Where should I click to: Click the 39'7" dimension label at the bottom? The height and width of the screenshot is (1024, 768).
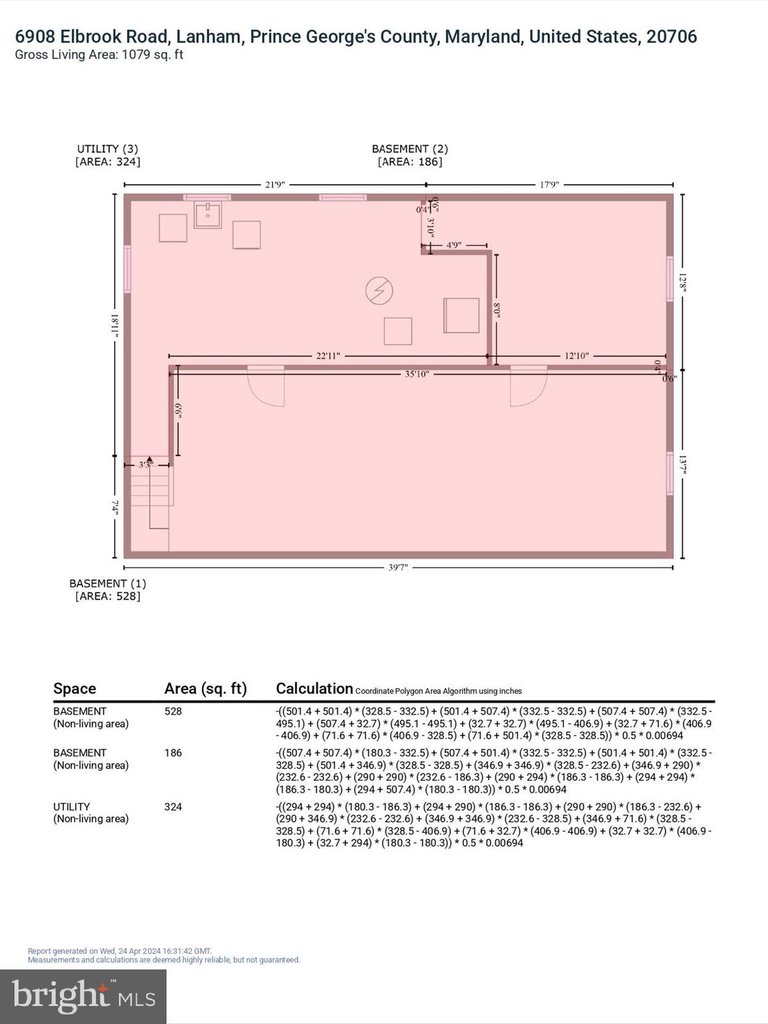click(398, 567)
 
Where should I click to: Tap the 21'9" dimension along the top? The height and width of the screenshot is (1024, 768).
click(275, 185)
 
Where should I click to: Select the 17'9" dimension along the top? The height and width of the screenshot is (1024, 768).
click(549, 185)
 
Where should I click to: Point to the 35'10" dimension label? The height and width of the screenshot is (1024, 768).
click(417, 374)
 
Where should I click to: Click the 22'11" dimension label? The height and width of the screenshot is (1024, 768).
click(328, 356)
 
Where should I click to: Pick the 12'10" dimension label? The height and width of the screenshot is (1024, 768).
click(577, 356)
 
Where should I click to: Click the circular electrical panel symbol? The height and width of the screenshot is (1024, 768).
click(379, 291)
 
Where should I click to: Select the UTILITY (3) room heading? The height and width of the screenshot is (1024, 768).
click(107, 149)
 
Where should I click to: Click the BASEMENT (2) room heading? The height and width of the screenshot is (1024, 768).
click(409, 149)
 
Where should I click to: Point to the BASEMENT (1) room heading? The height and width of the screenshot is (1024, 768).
click(107, 583)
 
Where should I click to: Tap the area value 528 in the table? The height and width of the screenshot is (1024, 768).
click(173, 711)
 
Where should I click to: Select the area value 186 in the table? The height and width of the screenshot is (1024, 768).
click(173, 753)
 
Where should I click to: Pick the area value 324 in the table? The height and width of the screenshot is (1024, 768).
click(173, 807)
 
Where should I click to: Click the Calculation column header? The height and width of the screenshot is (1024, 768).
click(314, 689)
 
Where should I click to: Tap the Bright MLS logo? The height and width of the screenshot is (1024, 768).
click(83, 996)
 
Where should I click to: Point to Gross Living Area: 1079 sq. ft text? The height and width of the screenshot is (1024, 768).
click(99, 55)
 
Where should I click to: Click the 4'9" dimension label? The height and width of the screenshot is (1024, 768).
click(454, 245)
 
